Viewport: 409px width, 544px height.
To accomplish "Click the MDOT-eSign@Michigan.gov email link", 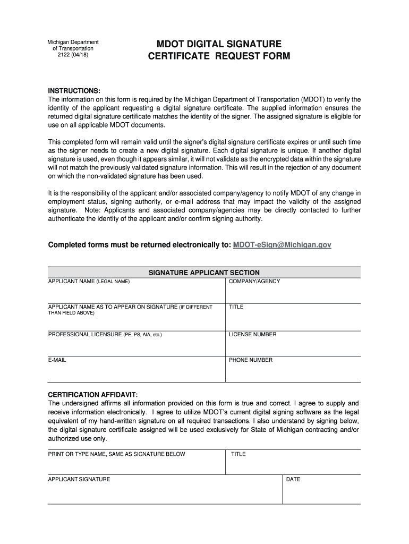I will coord(282,245).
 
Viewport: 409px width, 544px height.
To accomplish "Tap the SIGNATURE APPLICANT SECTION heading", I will coord(204,273).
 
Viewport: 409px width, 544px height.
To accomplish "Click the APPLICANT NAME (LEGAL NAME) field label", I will coord(89,281).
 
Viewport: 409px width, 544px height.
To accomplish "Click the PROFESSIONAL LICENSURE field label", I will coord(105,335).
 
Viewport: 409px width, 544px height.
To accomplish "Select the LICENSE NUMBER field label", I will coord(252,335).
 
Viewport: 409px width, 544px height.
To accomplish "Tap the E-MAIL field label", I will coord(57,360).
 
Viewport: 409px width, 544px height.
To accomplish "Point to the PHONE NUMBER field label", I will coord(251,360).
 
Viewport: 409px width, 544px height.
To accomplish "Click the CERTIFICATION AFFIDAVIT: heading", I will coord(93,395).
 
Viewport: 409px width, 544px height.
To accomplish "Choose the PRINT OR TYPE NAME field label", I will coord(116,454).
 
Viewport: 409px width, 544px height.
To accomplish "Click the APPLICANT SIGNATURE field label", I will coord(79,479).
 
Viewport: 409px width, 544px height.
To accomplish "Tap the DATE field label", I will coord(293,479).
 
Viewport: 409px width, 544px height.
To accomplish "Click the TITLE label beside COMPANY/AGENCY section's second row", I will coord(236,307).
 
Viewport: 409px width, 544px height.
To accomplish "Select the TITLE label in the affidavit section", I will coord(238,454).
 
